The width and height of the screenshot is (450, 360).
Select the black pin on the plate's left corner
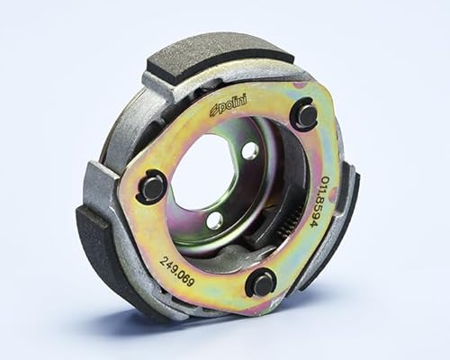[154, 187]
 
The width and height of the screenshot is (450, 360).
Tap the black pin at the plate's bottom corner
[262, 283]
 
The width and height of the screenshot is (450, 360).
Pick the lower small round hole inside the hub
[214, 220]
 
